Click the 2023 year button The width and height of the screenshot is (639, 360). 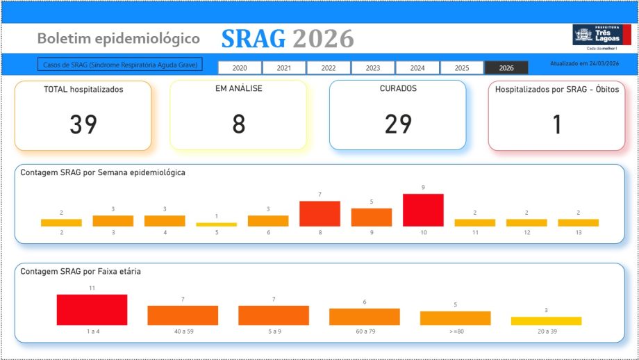(x=373, y=68)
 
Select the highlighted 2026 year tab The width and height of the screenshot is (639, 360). (x=506, y=68)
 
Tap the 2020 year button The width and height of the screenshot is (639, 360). (x=240, y=68)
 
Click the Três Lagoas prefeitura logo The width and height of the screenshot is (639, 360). (x=601, y=36)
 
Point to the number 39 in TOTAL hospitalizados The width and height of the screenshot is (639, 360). (x=83, y=124)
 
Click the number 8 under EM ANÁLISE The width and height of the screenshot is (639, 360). (x=238, y=124)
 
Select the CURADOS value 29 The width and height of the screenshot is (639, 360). (x=398, y=124)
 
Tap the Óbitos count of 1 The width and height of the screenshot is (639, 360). (x=556, y=124)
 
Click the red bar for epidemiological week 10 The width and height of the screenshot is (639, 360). (x=423, y=210)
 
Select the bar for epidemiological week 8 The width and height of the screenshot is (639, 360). (x=319, y=213)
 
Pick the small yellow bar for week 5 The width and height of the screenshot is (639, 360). (x=216, y=224)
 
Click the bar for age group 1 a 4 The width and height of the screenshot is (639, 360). (x=92, y=310)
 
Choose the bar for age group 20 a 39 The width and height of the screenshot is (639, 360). (x=546, y=321)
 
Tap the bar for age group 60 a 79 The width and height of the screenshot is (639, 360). (x=364, y=317)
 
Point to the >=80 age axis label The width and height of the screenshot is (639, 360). (x=455, y=332)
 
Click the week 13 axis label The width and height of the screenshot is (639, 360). (x=578, y=233)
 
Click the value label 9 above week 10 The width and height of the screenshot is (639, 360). (x=423, y=188)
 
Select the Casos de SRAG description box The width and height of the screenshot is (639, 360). (x=119, y=65)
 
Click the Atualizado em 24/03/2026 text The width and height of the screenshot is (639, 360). (x=584, y=63)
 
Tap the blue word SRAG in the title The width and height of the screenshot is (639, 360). (x=254, y=40)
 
